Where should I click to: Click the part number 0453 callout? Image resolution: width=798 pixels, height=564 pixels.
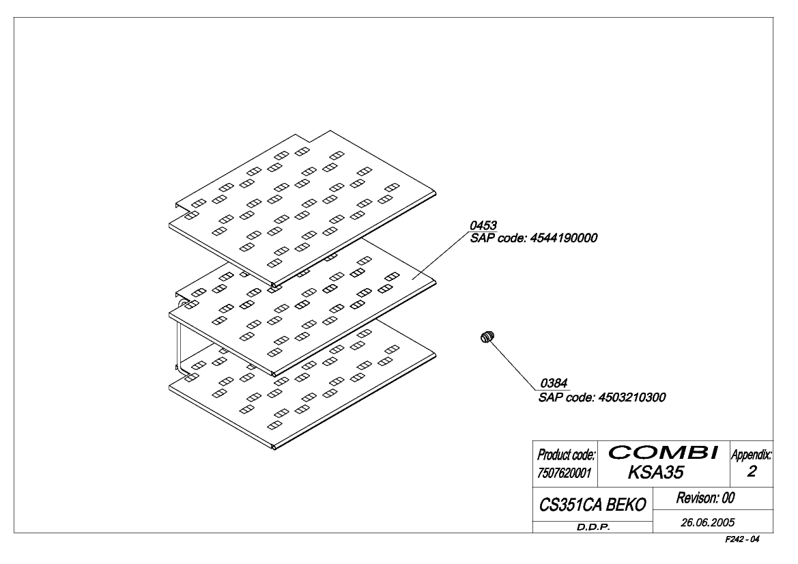tap(483, 225)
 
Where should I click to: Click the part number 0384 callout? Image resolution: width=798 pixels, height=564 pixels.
tap(554, 383)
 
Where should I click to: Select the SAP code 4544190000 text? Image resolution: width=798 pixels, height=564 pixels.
tap(533, 238)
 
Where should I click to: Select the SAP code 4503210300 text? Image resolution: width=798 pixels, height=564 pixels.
tap(602, 397)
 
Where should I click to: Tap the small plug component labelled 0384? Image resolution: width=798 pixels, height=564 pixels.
tap(487, 337)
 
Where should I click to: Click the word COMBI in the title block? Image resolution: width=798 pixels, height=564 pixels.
tap(664, 452)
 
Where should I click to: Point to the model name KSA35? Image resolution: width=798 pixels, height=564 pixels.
tap(655, 473)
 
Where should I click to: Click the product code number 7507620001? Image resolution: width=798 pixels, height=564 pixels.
tap(565, 473)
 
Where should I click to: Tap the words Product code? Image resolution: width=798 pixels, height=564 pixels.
tap(566, 455)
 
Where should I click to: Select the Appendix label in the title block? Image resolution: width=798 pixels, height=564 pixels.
tap(751, 455)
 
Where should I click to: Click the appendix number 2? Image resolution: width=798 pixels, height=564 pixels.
tap(752, 472)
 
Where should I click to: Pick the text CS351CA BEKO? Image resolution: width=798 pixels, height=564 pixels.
tap(593, 505)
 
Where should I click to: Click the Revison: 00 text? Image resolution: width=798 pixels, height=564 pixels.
tap(705, 498)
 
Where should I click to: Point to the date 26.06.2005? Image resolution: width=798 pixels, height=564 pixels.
tap(708, 522)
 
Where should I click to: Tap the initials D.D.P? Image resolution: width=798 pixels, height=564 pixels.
tap(593, 527)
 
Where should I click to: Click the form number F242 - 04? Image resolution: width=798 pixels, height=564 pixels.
tap(742, 539)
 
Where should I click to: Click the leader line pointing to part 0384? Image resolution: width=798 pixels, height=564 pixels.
tap(515, 365)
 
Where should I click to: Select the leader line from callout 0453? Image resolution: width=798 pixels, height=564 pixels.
tap(441, 255)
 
